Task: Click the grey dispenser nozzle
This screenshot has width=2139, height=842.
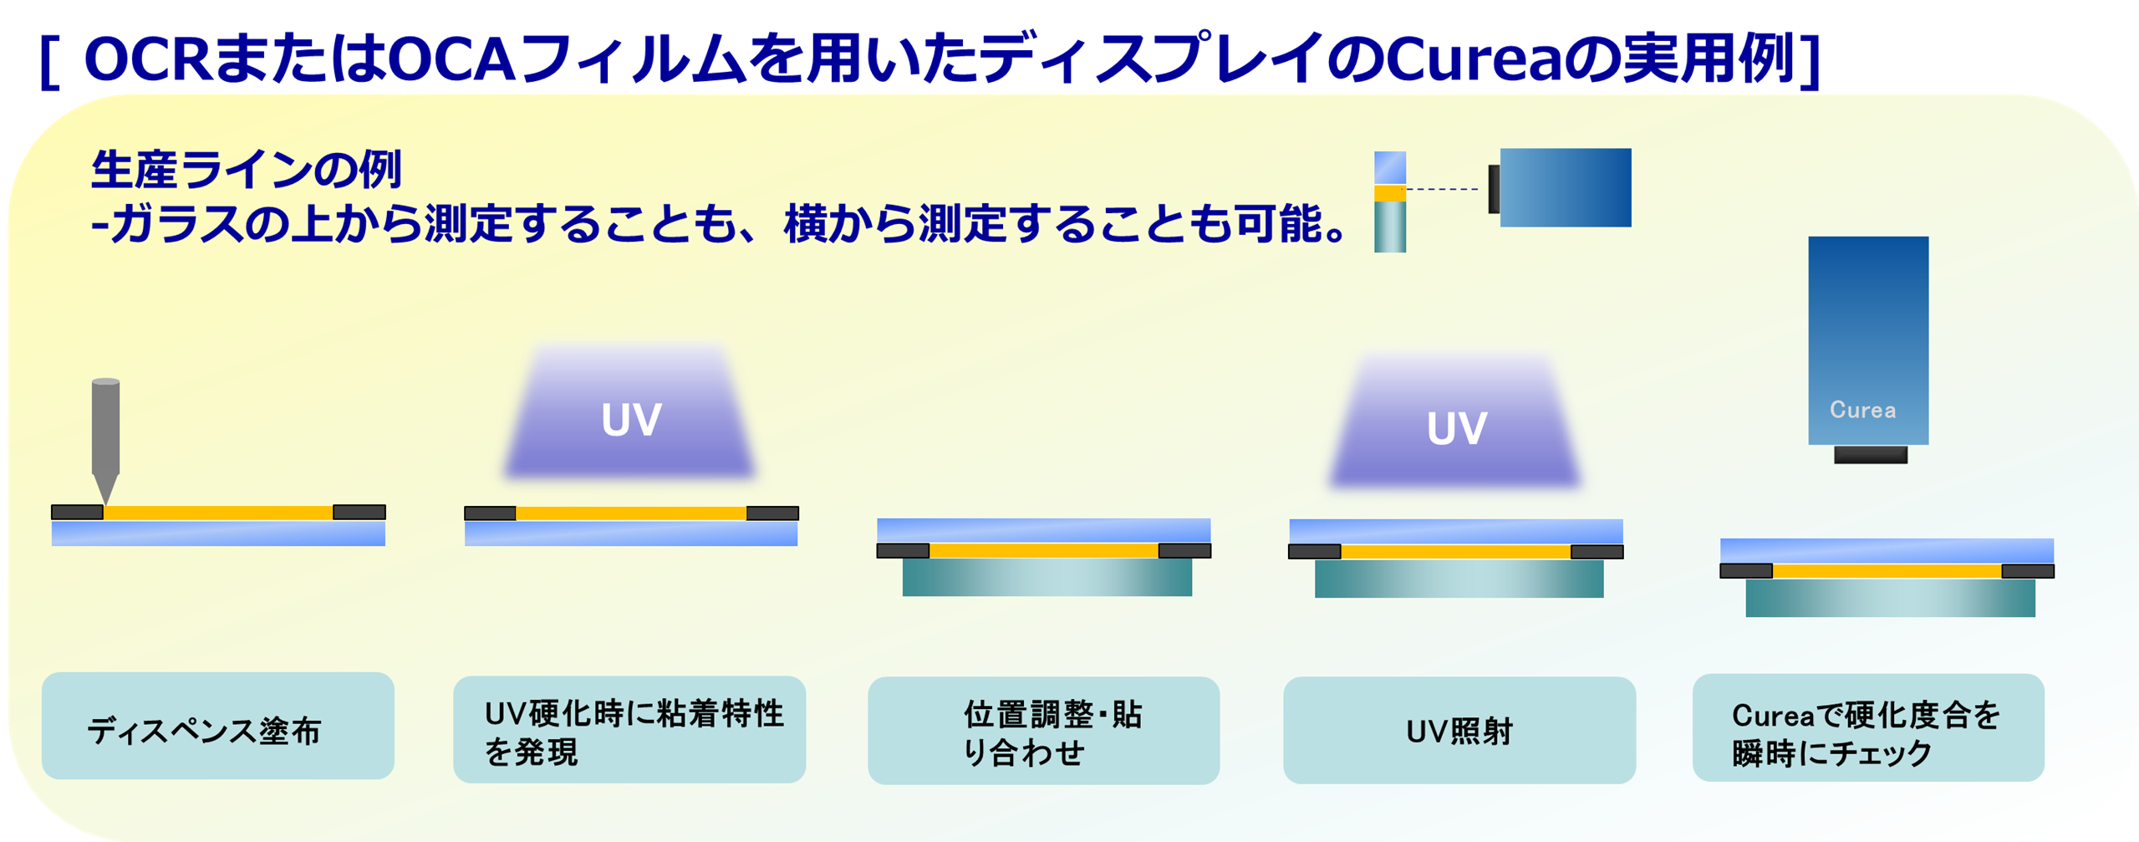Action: (105, 439)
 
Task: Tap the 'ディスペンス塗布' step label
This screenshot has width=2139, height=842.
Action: (204, 731)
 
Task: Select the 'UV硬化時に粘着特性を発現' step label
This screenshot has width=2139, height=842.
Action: (634, 732)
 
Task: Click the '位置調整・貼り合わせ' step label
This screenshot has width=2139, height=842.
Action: (1052, 732)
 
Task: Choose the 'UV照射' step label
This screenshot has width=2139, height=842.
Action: (1459, 732)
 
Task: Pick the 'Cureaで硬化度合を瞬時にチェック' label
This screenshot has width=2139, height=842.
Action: (1866, 733)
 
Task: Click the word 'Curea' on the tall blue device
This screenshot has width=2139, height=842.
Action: (1862, 410)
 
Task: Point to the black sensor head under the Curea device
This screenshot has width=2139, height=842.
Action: (1871, 455)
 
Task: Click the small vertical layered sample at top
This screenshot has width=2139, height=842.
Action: (1390, 202)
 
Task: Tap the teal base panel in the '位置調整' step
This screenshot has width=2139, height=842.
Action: (1047, 577)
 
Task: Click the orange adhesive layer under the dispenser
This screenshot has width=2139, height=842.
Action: (218, 513)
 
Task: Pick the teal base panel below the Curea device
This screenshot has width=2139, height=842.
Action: (1891, 598)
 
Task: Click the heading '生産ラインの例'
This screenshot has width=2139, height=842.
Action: (247, 170)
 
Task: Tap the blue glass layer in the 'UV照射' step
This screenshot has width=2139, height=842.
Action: (1456, 532)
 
